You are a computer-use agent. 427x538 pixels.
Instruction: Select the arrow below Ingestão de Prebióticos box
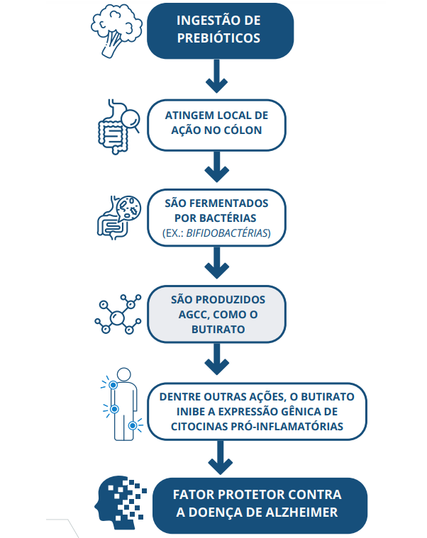click(216, 77)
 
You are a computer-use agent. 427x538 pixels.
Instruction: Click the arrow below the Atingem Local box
click(216, 168)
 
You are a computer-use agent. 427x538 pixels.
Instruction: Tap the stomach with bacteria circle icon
click(116, 215)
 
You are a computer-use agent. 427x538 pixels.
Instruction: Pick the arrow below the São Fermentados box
click(216, 267)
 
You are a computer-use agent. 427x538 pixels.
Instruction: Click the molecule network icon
click(116, 314)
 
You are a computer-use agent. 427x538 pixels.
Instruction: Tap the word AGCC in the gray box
click(187, 315)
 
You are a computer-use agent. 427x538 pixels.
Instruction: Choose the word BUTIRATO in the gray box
click(216, 330)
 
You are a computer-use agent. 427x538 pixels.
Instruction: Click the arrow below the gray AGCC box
click(216, 363)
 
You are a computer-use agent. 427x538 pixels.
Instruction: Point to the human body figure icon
click(122, 403)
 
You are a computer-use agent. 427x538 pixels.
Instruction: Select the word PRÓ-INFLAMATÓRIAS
click(290, 427)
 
